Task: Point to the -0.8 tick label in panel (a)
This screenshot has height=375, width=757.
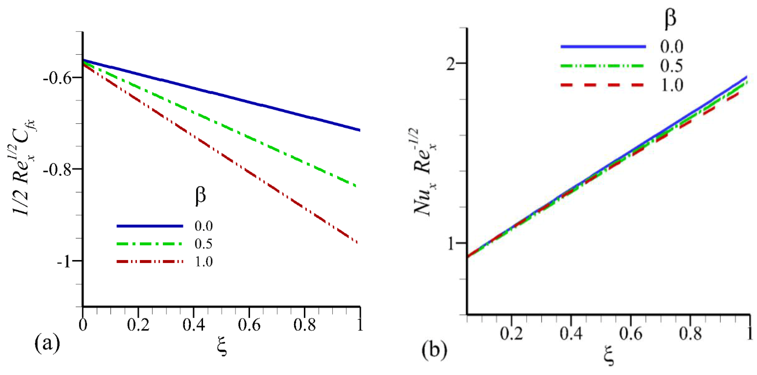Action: [x=58, y=170]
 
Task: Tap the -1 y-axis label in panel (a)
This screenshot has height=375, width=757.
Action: [x=64, y=261]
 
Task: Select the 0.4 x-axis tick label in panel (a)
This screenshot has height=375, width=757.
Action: [x=193, y=325]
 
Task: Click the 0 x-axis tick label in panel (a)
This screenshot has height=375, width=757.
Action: [x=83, y=325]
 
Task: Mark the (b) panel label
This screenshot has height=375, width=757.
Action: [x=434, y=350]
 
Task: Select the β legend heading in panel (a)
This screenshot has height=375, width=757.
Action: [x=200, y=196]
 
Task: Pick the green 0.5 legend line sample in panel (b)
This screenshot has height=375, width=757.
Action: [x=602, y=65]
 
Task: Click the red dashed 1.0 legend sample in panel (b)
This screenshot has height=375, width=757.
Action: [x=602, y=85]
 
